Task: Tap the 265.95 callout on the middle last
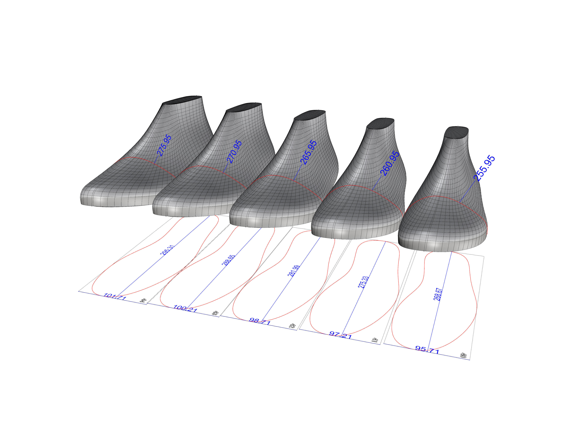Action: (308, 152)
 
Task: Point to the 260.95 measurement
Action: (390, 163)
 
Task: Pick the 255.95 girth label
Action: (484, 168)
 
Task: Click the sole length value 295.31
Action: (167, 250)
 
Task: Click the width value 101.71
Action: (115, 297)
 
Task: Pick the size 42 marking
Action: (292, 326)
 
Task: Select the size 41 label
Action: (375, 340)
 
